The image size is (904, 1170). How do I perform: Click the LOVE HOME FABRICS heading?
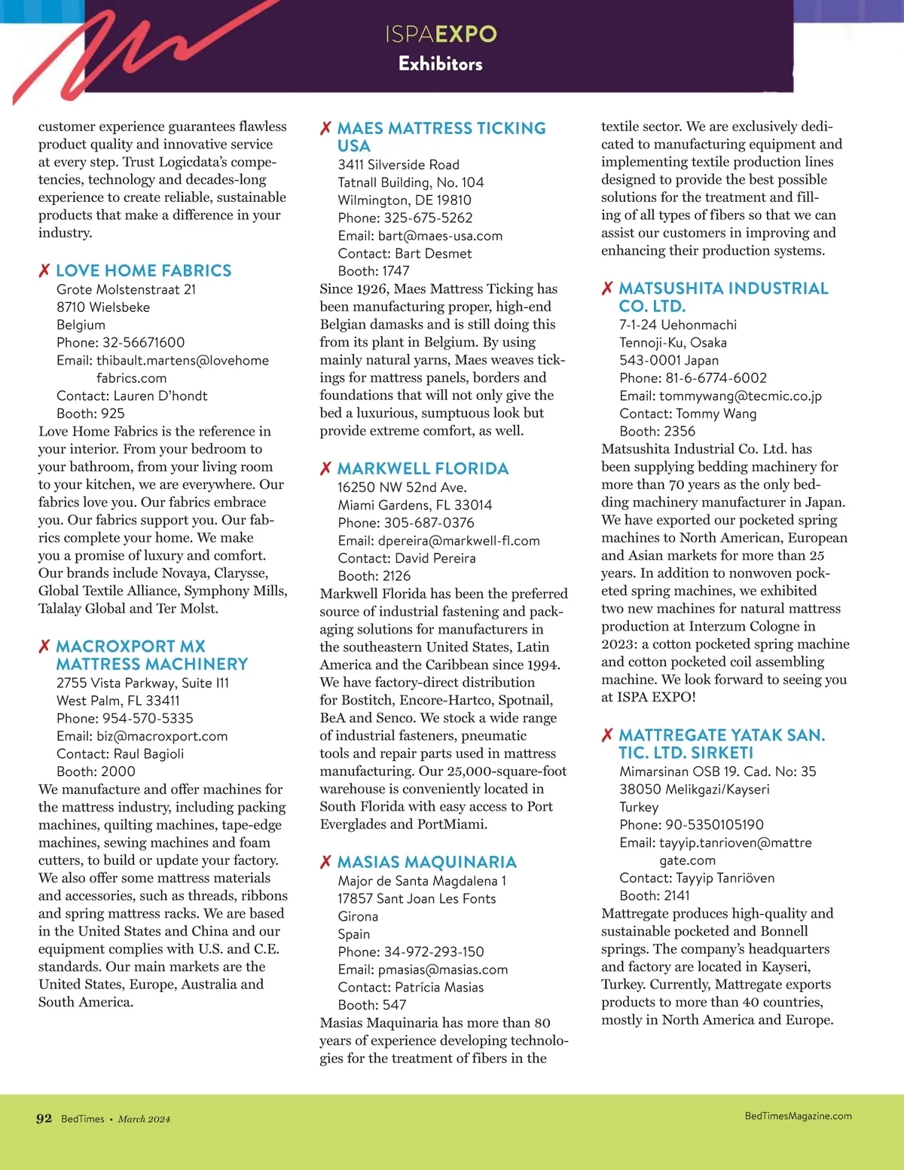tap(143, 270)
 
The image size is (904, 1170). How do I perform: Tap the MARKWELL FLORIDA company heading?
tap(423, 469)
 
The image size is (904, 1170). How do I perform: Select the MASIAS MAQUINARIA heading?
tap(426, 862)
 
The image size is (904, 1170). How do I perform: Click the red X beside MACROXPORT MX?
tap(44, 646)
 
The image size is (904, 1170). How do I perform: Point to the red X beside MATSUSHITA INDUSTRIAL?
tap(607, 289)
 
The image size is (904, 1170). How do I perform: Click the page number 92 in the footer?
tap(44, 1119)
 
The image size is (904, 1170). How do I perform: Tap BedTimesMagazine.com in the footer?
tap(798, 1116)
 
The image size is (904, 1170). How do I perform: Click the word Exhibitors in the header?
tap(441, 64)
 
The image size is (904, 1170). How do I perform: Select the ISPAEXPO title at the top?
tap(441, 34)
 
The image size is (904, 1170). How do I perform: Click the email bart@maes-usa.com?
tap(440, 236)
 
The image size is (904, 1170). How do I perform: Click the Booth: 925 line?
tap(90, 414)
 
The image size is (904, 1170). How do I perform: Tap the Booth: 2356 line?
tap(657, 432)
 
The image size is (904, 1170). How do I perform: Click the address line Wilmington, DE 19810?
tap(405, 200)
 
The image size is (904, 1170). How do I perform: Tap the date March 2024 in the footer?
tap(144, 1120)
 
